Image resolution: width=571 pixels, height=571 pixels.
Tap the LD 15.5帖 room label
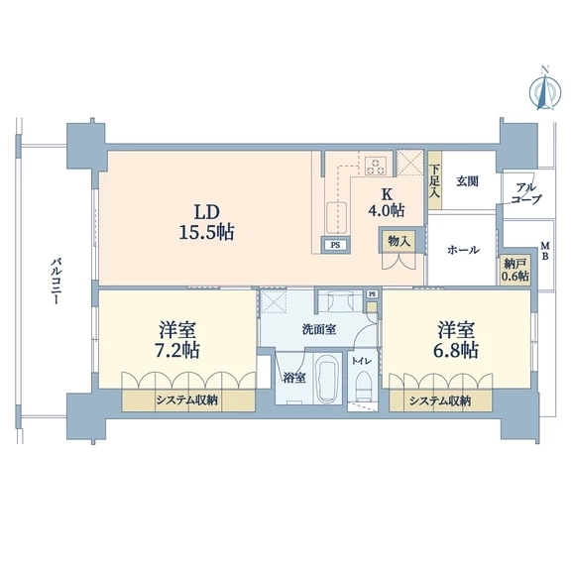[x=206, y=222]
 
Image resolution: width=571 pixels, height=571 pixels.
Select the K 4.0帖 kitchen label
[x=387, y=202]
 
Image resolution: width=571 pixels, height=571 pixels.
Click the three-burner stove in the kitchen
[x=376, y=166]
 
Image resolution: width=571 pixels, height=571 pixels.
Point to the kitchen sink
[x=337, y=218]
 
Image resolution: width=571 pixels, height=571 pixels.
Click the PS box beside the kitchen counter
[x=335, y=245]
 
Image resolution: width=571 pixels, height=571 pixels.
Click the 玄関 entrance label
[x=467, y=181]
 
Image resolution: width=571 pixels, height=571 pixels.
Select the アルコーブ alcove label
[x=526, y=193]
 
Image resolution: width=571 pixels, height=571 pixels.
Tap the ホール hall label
[x=463, y=250]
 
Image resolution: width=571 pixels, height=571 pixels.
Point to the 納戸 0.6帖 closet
[x=515, y=269]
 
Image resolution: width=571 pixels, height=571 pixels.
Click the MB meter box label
[x=545, y=251]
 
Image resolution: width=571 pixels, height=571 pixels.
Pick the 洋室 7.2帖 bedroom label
[x=177, y=339]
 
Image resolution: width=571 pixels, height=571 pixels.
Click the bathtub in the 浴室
[x=327, y=378]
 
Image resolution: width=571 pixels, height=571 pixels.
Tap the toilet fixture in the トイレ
[x=362, y=387]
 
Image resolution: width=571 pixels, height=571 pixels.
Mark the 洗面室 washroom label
[x=319, y=329]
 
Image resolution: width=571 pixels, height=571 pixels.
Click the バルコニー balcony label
[x=55, y=282]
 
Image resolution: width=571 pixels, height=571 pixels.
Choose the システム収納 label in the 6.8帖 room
[x=440, y=400]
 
